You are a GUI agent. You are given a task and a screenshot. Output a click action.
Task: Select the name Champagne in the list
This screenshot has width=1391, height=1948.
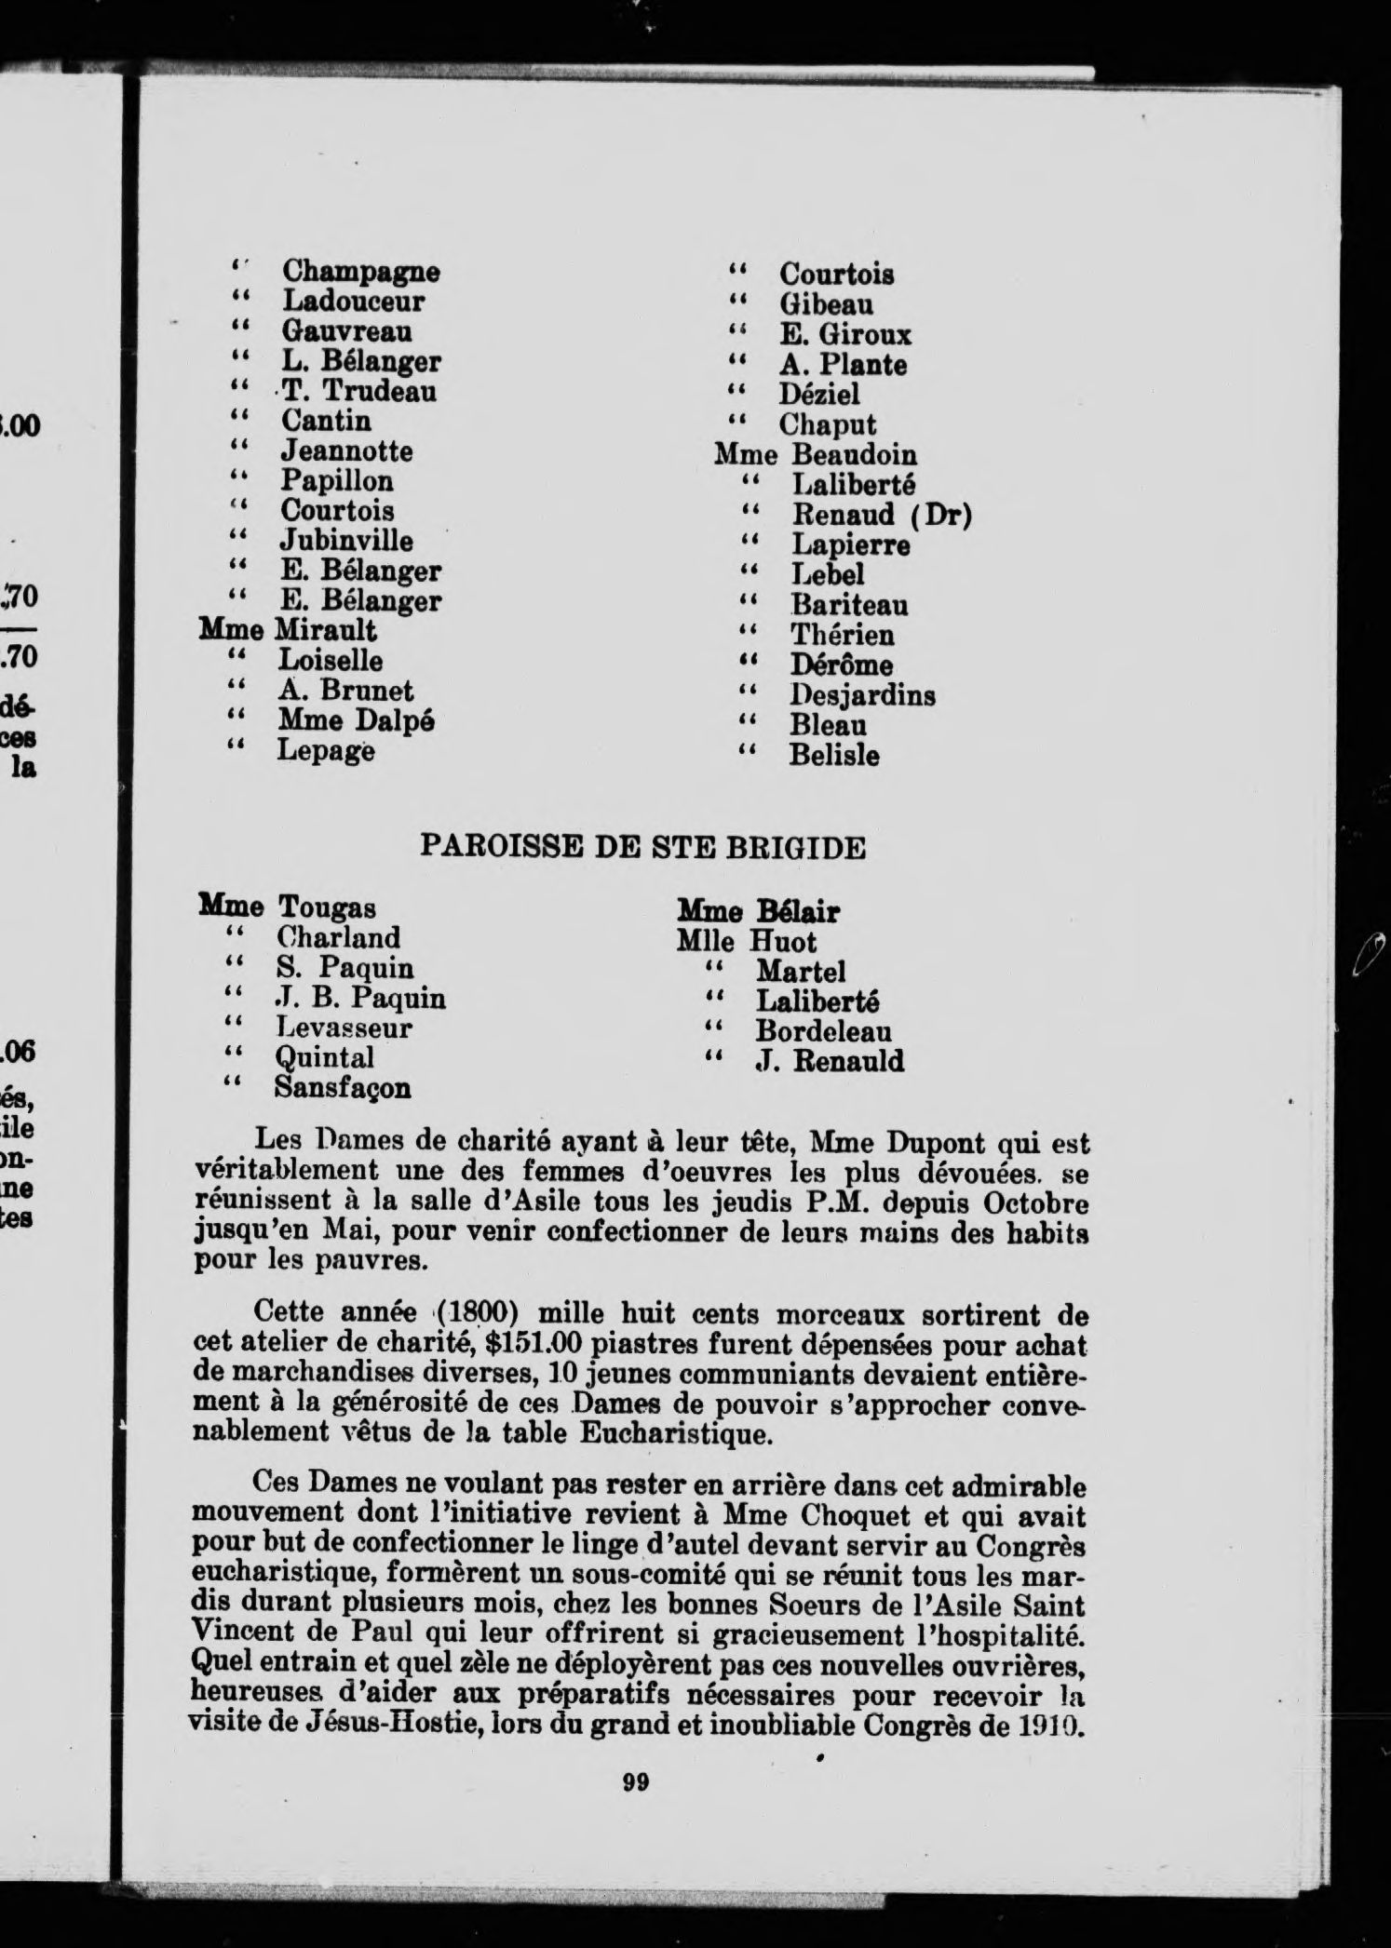360,272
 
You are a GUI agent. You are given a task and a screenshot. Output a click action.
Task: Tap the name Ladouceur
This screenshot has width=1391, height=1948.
353,302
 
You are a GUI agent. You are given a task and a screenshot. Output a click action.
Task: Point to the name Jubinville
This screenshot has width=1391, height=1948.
346,541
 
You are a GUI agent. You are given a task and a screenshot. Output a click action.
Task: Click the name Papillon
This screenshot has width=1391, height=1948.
337,481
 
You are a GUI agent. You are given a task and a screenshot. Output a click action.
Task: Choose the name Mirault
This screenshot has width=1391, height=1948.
325,630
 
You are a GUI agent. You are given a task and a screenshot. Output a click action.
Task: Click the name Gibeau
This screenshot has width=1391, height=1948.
827,304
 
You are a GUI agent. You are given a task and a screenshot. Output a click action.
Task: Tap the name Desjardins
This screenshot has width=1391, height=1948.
863,695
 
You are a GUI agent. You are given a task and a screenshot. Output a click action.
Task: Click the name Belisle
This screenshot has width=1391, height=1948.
834,755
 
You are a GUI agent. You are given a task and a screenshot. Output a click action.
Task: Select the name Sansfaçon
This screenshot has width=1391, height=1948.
343,1087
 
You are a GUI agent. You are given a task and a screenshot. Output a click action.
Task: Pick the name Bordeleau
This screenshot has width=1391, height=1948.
823,1031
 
